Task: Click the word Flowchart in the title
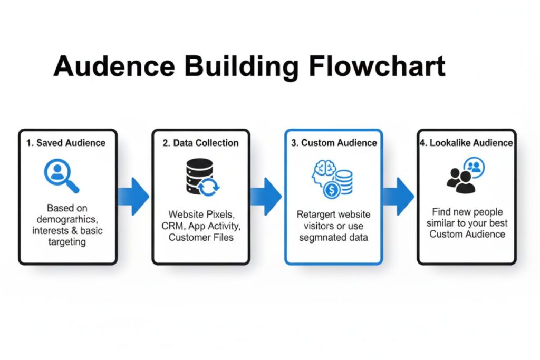pyautogui.click(x=377, y=66)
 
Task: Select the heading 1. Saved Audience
pyautogui.click(x=67, y=143)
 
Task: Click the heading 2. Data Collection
pyautogui.click(x=200, y=143)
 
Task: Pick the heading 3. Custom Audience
pyautogui.click(x=333, y=143)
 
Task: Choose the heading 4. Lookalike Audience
pyautogui.click(x=466, y=143)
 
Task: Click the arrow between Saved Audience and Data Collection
pyautogui.click(x=133, y=197)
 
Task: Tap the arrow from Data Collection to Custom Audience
pyautogui.click(x=266, y=197)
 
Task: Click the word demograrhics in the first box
pyautogui.click(x=67, y=219)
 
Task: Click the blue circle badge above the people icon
pyautogui.click(x=475, y=167)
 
